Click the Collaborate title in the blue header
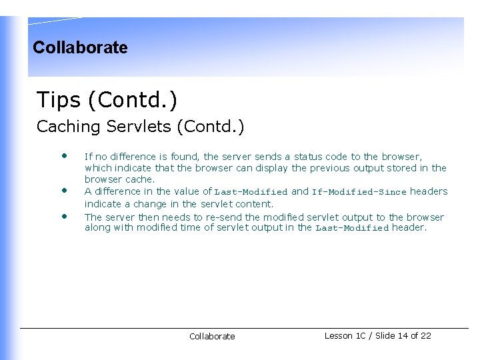pos(80,47)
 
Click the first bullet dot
pos(65,156)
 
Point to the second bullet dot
pos(65,189)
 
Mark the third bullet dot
pos(65,216)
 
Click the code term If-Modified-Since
pos(359,192)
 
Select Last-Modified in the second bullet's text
pos(251,192)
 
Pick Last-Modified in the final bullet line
pos(352,228)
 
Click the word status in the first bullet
pos(308,156)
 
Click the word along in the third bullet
pos(97,228)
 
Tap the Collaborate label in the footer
pos(212,337)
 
